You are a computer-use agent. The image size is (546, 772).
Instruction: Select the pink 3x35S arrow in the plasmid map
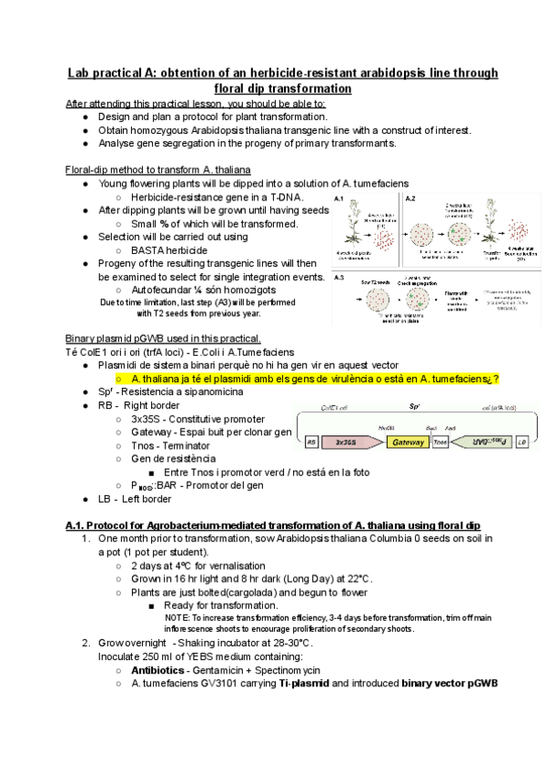[346, 442]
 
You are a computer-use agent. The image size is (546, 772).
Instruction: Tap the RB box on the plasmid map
[312, 442]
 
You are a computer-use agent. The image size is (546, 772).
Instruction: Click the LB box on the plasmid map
[521, 442]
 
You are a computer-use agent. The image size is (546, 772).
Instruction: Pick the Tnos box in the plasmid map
[441, 442]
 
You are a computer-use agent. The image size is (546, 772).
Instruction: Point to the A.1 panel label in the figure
[339, 198]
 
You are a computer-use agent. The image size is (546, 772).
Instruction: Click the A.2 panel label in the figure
[410, 198]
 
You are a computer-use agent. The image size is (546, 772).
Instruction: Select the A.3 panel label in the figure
[339, 277]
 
